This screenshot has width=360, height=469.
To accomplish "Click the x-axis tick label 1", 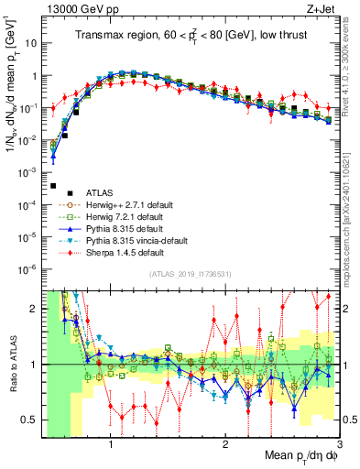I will click(111, 442).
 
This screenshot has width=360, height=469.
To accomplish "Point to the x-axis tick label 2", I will click(225, 442).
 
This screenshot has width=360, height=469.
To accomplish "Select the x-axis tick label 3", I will click(339, 442).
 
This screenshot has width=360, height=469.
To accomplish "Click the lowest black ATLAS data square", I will click(54, 185).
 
